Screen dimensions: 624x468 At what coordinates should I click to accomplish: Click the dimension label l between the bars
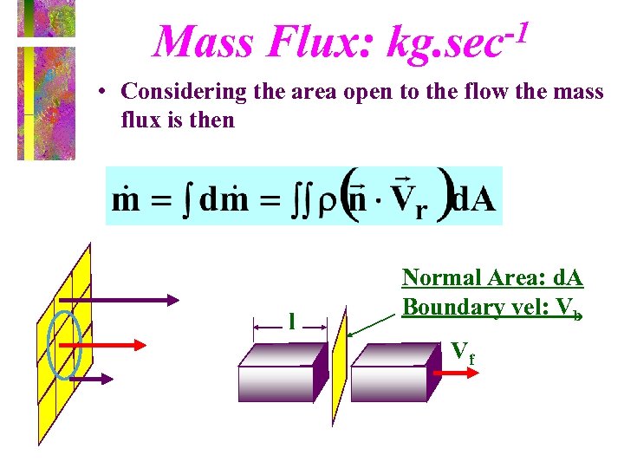coord(292,322)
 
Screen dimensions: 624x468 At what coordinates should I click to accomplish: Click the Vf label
coord(462,351)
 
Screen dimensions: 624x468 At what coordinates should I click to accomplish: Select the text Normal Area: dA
coord(491,278)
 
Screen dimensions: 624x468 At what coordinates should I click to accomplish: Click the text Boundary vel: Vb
coord(491,307)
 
